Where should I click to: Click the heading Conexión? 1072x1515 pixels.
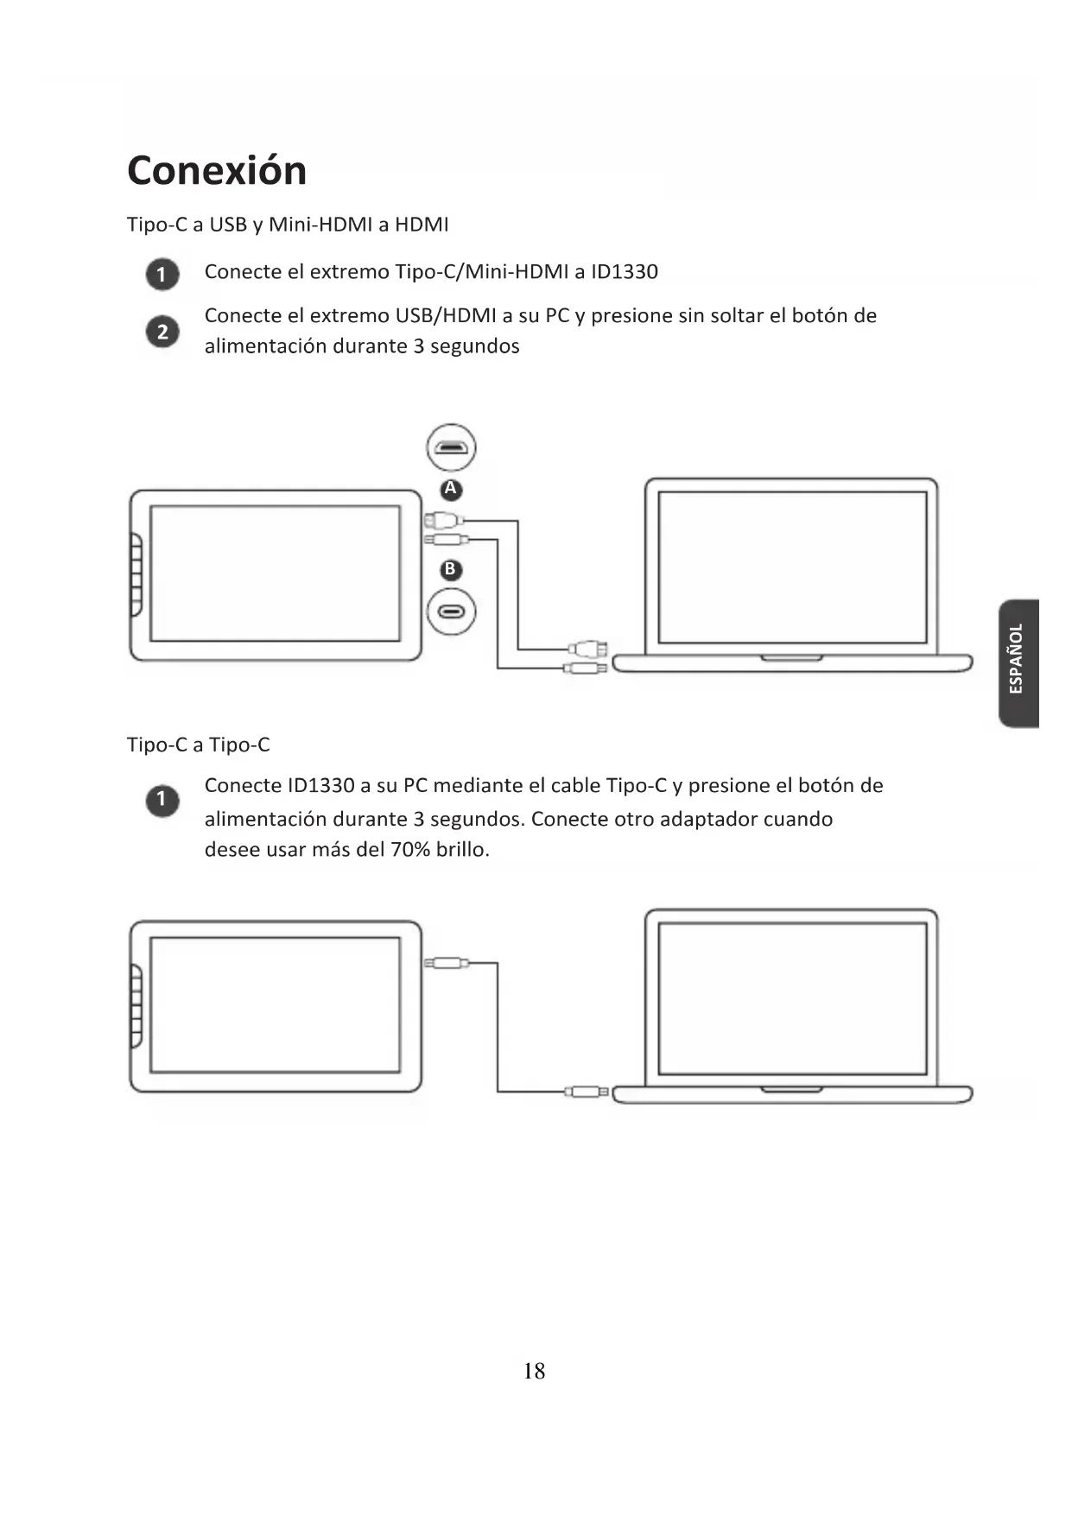click(x=217, y=170)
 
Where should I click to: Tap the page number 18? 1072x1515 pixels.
click(x=534, y=1371)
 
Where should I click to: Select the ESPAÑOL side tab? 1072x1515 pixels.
click(x=1018, y=662)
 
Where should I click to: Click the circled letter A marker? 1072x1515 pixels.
click(x=450, y=490)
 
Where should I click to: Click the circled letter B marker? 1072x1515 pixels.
click(x=450, y=570)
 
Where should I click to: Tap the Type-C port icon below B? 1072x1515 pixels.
click(x=451, y=612)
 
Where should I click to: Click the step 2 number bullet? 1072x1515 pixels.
click(x=162, y=332)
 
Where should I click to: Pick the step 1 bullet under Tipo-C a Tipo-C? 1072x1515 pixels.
click(x=162, y=800)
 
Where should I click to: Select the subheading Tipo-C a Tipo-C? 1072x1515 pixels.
click(x=198, y=745)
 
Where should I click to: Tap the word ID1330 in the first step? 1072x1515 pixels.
click(x=624, y=272)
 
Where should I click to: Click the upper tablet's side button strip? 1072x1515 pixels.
click(x=136, y=574)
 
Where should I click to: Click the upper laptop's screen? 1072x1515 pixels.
click(x=792, y=567)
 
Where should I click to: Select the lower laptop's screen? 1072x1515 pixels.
click(x=792, y=998)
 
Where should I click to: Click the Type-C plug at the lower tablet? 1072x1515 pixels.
click(x=446, y=963)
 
